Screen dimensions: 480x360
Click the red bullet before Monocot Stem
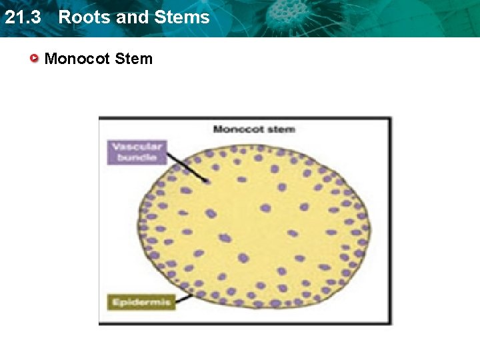35,59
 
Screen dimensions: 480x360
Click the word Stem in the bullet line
133,59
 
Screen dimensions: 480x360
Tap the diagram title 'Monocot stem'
253,129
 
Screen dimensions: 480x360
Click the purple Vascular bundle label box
135,151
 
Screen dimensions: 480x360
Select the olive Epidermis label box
141,302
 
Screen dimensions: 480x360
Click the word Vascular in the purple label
135,146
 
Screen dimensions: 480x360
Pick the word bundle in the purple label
137,157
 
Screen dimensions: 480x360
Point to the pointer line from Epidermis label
184,297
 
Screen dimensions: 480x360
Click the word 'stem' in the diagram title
282,129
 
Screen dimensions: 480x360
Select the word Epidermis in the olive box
141,302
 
